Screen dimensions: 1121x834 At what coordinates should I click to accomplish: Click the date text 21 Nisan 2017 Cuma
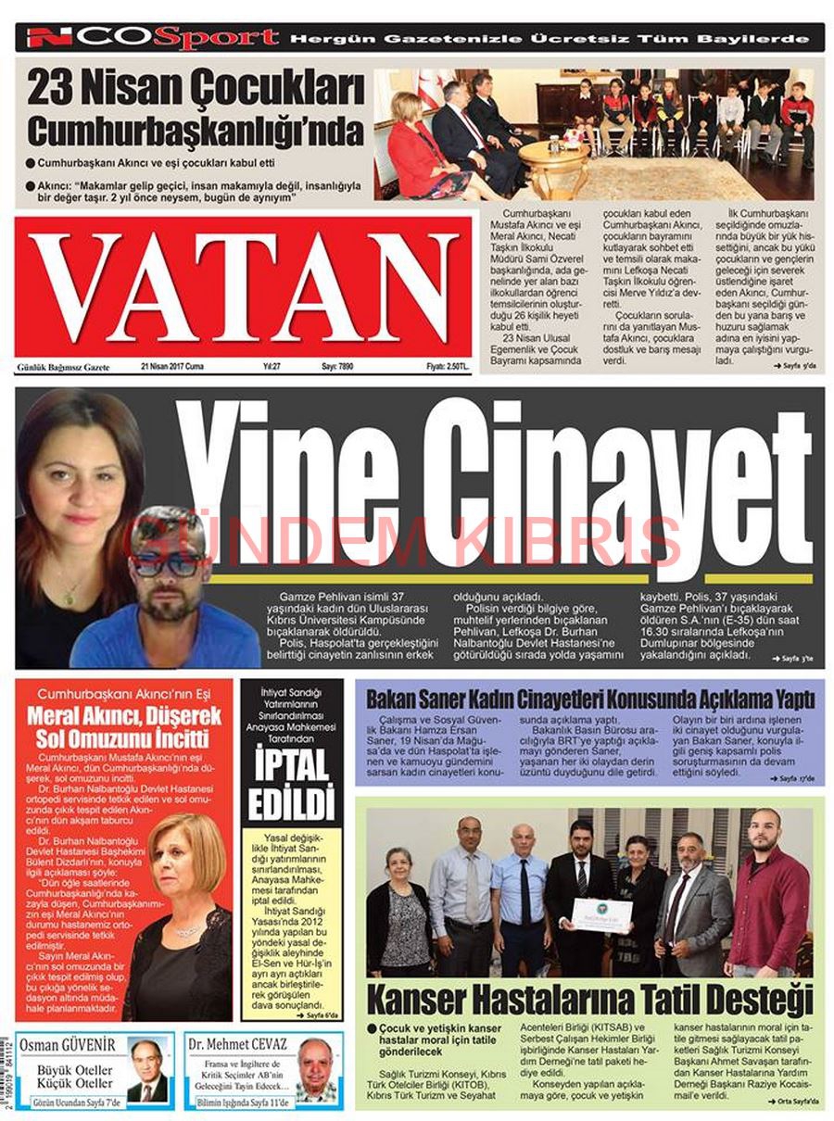172,367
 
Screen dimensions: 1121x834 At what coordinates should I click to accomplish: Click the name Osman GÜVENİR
68,1045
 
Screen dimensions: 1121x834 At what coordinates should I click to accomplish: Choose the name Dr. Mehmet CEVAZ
237,1045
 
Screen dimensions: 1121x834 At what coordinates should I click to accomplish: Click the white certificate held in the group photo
600,913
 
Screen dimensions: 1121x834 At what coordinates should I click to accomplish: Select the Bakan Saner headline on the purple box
589,698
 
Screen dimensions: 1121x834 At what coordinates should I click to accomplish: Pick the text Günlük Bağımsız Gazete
63,368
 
